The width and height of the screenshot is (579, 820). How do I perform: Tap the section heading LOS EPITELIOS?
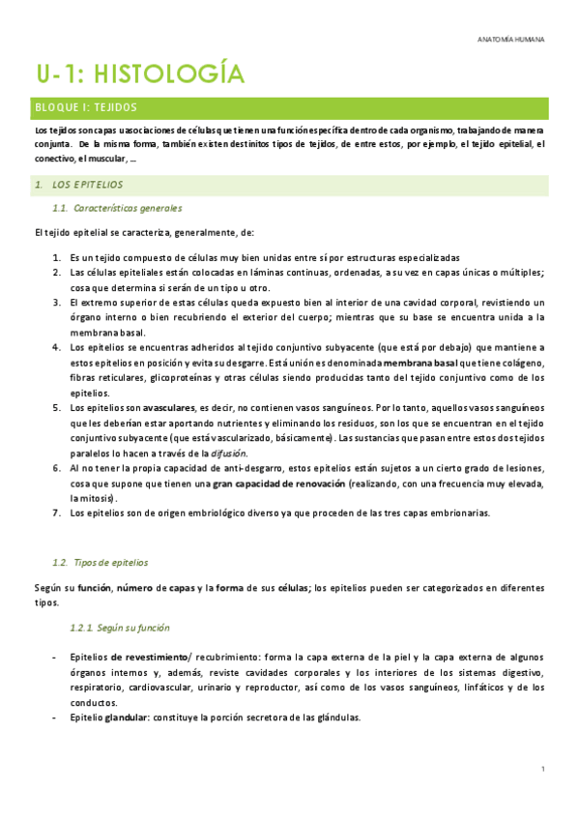tap(88, 184)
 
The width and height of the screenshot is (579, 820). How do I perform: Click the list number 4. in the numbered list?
tap(57, 347)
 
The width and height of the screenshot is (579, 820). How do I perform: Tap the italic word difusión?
tap(229, 453)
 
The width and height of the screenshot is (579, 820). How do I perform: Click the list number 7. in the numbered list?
tap(57, 512)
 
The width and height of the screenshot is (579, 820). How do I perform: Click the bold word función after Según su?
tap(98, 587)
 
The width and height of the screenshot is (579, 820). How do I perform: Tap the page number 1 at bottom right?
tap(544, 769)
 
